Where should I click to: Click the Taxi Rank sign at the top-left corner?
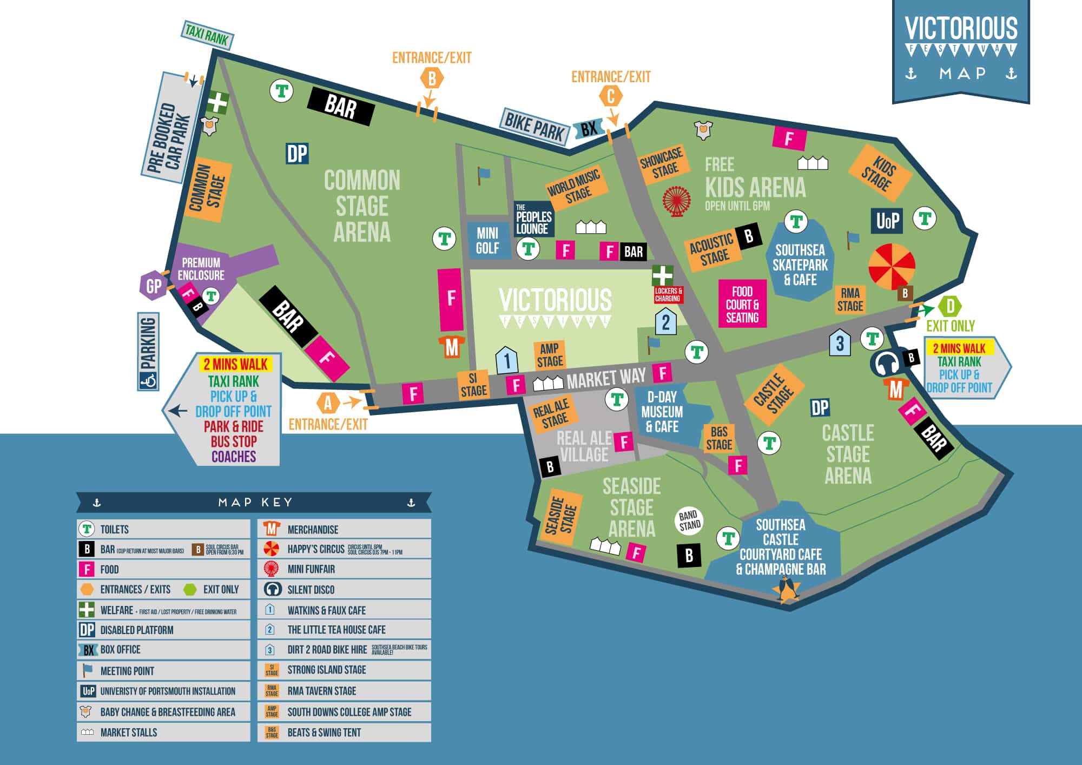(x=207, y=35)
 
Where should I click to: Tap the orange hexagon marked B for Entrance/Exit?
(x=432, y=79)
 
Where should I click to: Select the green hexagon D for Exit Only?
(x=950, y=307)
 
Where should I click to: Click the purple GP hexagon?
(x=154, y=285)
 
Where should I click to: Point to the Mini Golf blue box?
(x=487, y=241)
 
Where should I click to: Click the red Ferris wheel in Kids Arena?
(x=676, y=201)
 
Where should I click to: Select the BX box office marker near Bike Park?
(x=588, y=129)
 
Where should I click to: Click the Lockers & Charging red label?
(x=668, y=295)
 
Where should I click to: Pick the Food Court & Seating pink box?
(x=742, y=304)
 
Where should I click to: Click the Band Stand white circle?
(x=689, y=520)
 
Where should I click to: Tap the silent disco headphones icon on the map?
(x=885, y=364)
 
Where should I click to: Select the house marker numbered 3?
(x=840, y=342)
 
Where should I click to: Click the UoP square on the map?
(x=887, y=221)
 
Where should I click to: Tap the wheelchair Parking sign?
(x=148, y=352)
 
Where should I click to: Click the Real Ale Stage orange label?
(x=552, y=413)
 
